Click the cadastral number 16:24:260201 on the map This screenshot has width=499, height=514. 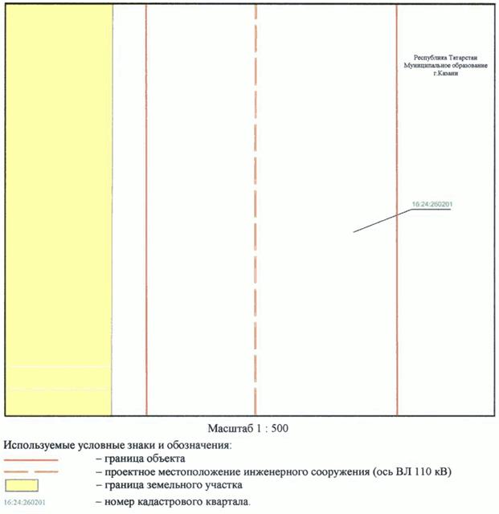point(431,205)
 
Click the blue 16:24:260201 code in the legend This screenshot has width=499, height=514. point(24,503)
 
